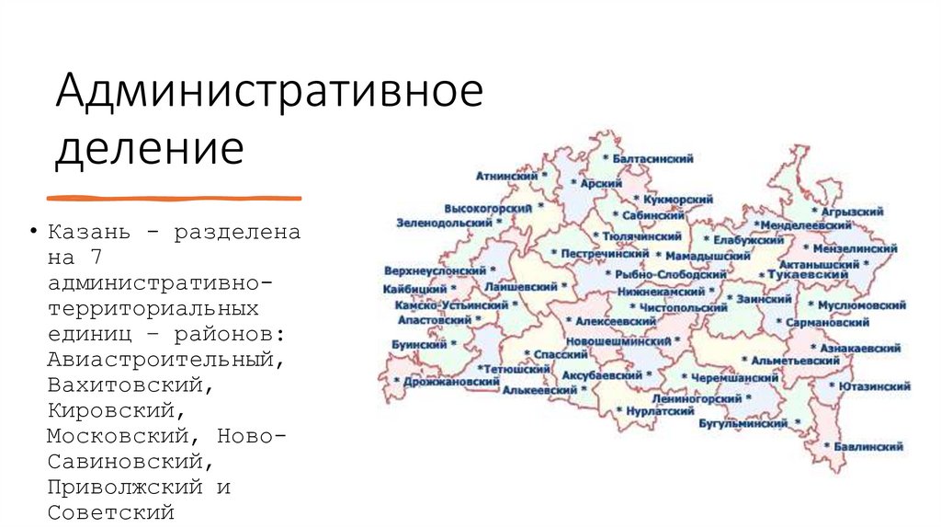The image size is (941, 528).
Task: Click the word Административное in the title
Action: (268, 94)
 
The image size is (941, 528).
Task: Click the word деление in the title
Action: (150, 149)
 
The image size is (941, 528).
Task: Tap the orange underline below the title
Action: (174, 197)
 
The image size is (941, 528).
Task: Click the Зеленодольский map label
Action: (444, 223)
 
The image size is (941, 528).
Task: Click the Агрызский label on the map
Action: (852, 211)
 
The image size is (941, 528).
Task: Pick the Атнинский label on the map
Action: (506, 174)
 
